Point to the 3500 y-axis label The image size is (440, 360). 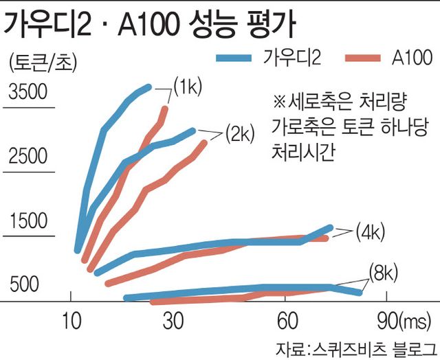point(28,91)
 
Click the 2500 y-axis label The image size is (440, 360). point(28,157)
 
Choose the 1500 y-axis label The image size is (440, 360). point(28,221)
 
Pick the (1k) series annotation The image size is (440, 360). point(186,87)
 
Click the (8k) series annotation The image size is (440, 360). point(383,273)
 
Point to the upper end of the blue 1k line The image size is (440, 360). point(148,87)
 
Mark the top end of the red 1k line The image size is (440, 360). point(164,108)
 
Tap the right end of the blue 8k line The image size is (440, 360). point(359,293)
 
